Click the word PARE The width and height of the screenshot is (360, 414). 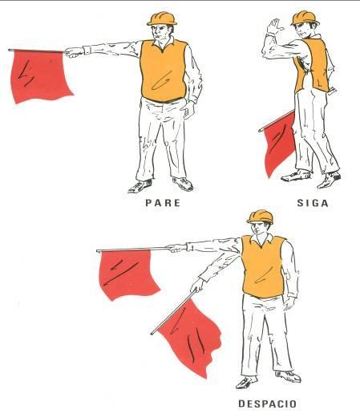(x=162, y=203)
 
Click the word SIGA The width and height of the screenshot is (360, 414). (x=313, y=203)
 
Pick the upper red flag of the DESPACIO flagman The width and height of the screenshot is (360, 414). (x=126, y=274)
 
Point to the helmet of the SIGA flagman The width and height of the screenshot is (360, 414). (x=304, y=17)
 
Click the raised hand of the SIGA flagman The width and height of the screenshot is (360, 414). (x=275, y=26)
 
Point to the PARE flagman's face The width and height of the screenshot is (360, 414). (x=164, y=34)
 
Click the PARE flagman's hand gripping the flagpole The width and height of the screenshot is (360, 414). (x=74, y=52)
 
